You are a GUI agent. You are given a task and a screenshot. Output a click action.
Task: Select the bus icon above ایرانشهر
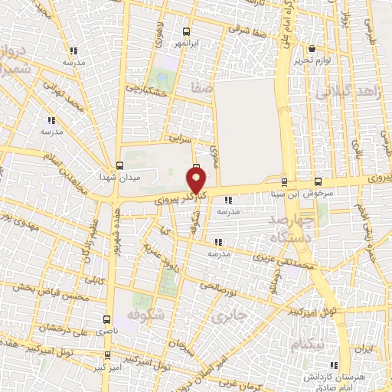coord(187,32)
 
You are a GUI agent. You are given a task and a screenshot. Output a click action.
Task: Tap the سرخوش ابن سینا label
coord(302,194)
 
